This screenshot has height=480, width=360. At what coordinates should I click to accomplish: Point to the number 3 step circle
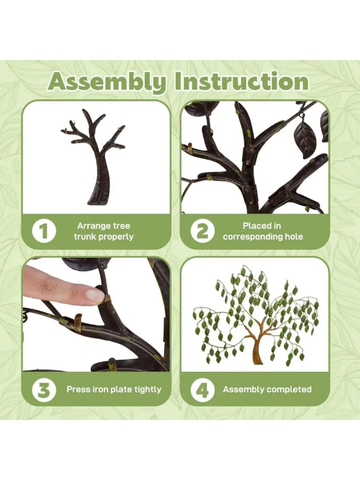(x=44, y=390)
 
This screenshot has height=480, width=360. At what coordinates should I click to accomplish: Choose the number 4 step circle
(x=202, y=390)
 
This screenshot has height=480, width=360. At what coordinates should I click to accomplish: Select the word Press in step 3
(x=76, y=390)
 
